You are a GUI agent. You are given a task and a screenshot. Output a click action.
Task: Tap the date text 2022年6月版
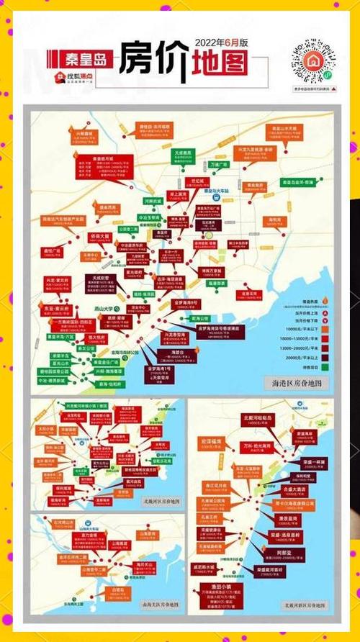click(220, 42)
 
